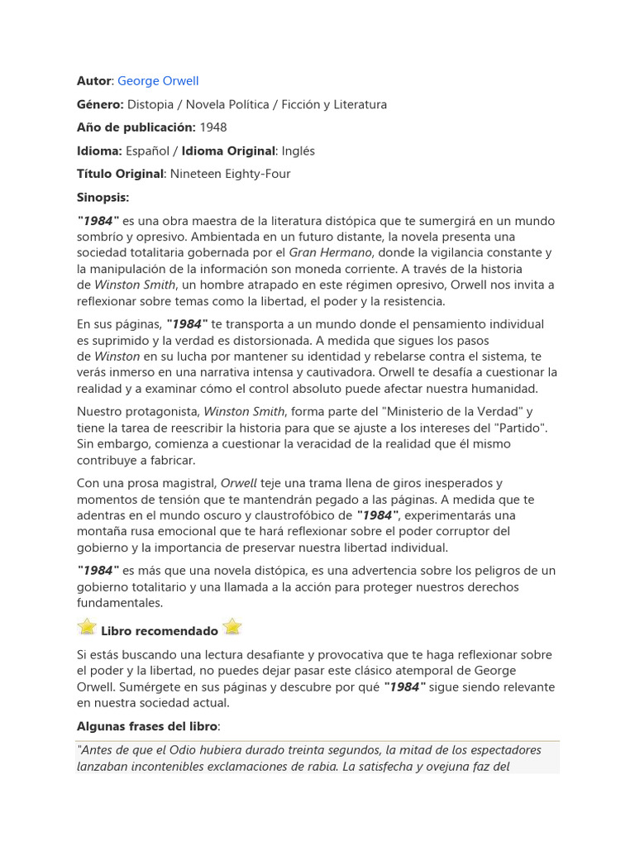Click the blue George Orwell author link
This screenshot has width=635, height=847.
click(158, 81)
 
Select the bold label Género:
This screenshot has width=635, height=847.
click(100, 104)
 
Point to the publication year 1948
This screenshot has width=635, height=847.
click(213, 127)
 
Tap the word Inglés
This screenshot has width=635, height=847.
click(298, 151)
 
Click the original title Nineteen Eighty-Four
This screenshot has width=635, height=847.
click(230, 175)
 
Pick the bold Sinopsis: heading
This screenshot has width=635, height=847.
click(103, 198)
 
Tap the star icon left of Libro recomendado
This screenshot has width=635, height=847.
click(87, 627)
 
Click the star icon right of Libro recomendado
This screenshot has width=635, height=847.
click(233, 627)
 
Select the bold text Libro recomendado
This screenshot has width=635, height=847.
click(160, 631)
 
